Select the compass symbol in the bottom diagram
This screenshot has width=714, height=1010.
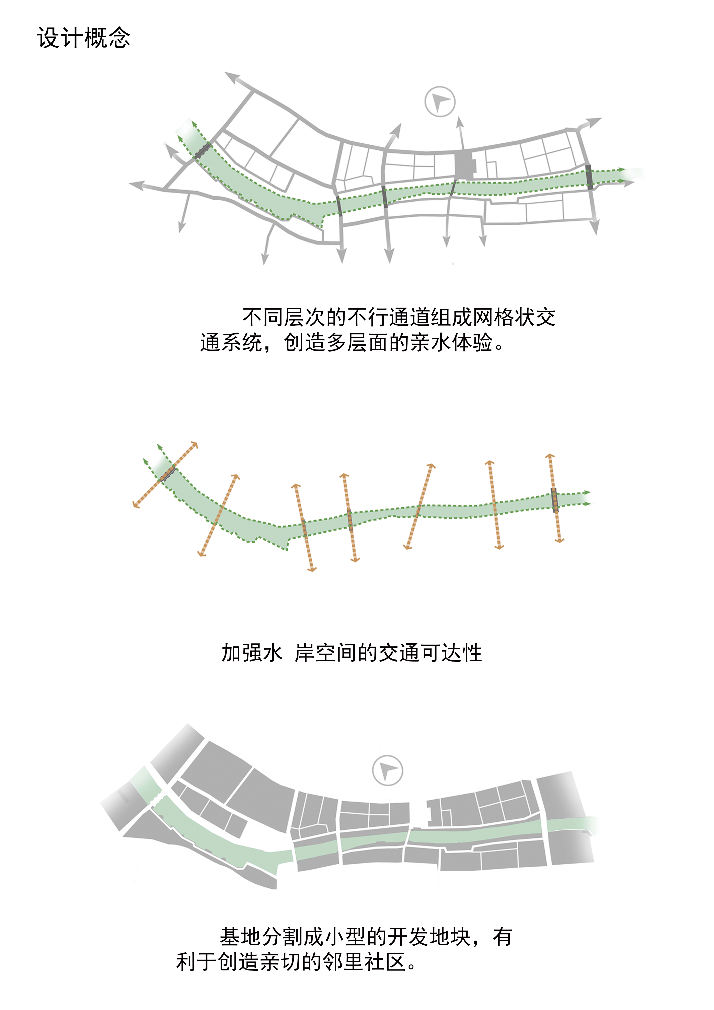click(x=387, y=770)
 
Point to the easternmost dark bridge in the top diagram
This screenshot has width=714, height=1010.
click(x=589, y=177)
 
